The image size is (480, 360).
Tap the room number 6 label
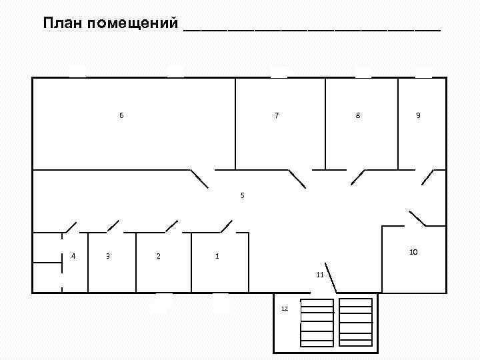click(x=121, y=115)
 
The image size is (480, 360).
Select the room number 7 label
click(x=277, y=115)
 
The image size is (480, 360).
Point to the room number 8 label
click(x=358, y=115)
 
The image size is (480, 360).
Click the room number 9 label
click(x=418, y=115)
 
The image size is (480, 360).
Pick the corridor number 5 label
click(x=243, y=195)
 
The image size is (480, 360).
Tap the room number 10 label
click(x=413, y=252)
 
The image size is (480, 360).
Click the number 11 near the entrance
click(x=320, y=275)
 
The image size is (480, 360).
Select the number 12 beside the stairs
click(x=285, y=309)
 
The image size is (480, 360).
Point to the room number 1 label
click(x=217, y=256)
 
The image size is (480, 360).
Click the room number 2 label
click(x=158, y=256)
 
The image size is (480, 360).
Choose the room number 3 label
click(x=107, y=256)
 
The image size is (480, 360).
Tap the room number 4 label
click(x=73, y=256)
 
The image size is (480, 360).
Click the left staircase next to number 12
click(x=317, y=322)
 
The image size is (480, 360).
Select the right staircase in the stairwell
click(x=356, y=322)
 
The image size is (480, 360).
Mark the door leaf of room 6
click(x=199, y=178)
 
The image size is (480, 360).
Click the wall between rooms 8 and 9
click(x=398, y=123)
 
